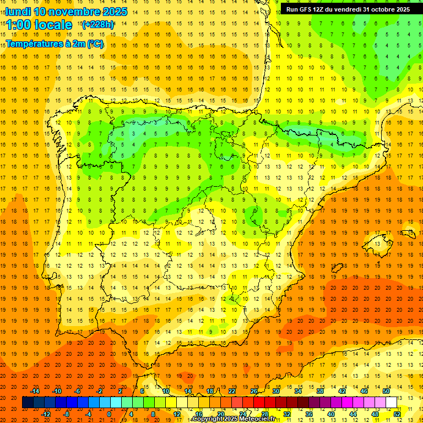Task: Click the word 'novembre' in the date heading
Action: pos(76,12)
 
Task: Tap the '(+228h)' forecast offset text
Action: pos(98,24)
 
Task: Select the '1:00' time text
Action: pos(19,25)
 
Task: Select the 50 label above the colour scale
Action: pos(386,391)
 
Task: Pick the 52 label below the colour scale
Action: pos(397,414)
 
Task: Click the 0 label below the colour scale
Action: pos(109,414)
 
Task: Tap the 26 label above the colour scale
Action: pos(254,391)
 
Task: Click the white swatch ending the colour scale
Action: pos(392,403)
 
